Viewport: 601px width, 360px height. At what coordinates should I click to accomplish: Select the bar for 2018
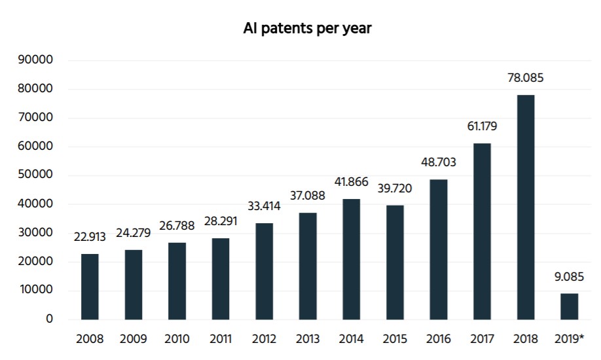click(x=525, y=207)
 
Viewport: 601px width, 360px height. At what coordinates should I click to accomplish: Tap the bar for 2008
click(x=90, y=287)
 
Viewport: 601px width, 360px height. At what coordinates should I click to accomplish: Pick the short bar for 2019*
click(x=568, y=306)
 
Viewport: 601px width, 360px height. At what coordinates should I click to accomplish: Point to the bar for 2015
click(x=395, y=262)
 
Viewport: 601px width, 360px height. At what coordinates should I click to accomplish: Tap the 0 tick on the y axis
click(x=48, y=319)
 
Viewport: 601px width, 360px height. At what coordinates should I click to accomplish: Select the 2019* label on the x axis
click(x=568, y=339)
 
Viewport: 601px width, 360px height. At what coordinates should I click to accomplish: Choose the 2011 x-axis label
click(x=221, y=339)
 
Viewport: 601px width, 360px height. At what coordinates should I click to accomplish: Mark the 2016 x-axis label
click(x=438, y=339)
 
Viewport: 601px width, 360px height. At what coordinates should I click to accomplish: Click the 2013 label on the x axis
click(x=308, y=339)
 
